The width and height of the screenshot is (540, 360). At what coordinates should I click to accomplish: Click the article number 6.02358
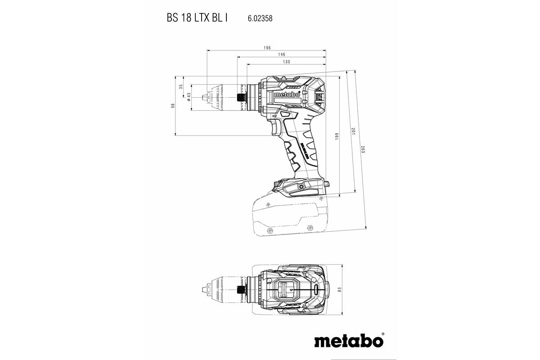260,19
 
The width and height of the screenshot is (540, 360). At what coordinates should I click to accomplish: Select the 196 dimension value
267,48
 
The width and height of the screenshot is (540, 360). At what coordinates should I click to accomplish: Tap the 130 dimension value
286,62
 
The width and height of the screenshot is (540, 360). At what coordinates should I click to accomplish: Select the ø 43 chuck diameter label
189,97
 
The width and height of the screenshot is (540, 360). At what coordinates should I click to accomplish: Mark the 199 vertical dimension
337,137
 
